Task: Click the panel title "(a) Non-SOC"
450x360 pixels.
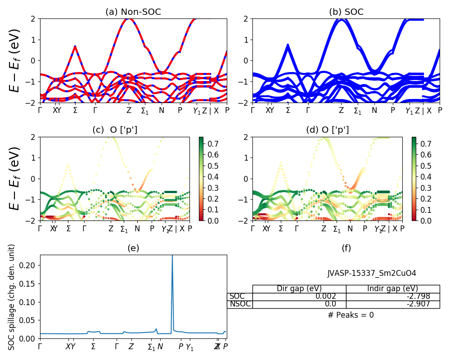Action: pyautogui.click(x=133, y=12)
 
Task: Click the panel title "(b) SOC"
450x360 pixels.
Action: pyautogui.click(x=346, y=12)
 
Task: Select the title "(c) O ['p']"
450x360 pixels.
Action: pyautogui.click(x=115, y=130)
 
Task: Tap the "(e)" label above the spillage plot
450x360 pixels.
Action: pyautogui.click(x=133, y=248)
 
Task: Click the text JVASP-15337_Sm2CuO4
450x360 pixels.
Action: pyautogui.click(x=372, y=273)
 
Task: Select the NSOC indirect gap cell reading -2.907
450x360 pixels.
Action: pyautogui.click(x=392, y=304)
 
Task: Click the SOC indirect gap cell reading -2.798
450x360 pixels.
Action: pyautogui.click(x=392, y=297)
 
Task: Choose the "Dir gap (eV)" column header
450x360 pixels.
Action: pyautogui.click(x=299, y=289)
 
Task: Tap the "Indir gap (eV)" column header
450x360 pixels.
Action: pyautogui.click(x=392, y=289)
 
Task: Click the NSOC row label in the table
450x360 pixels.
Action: pyautogui.click(x=240, y=304)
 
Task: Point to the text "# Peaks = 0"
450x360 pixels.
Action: pyautogui.click(x=351, y=315)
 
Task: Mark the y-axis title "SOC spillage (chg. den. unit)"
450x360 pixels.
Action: pyautogui.click(x=12, y=297)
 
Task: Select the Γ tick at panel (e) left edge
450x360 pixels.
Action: pyautogui.click(x=40, y=346)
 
